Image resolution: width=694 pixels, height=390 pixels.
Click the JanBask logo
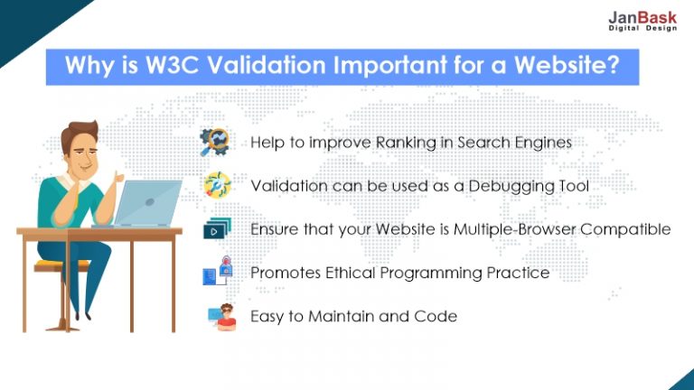[642, 21]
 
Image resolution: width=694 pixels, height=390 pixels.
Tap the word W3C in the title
[172, 65]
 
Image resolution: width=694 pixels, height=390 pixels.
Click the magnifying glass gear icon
[215, 142]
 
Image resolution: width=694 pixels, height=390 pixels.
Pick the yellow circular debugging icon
[217, 185]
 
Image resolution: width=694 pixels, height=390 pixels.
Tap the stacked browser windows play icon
[217, 228]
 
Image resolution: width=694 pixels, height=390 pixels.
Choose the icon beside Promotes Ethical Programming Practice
[217, 271]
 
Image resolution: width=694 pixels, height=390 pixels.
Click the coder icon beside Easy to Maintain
[222, 317]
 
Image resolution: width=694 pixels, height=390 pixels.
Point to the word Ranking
[406, 143]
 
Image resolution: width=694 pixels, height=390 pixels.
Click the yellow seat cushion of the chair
[61, 265]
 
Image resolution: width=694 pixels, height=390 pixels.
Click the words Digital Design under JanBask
[642, 28]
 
